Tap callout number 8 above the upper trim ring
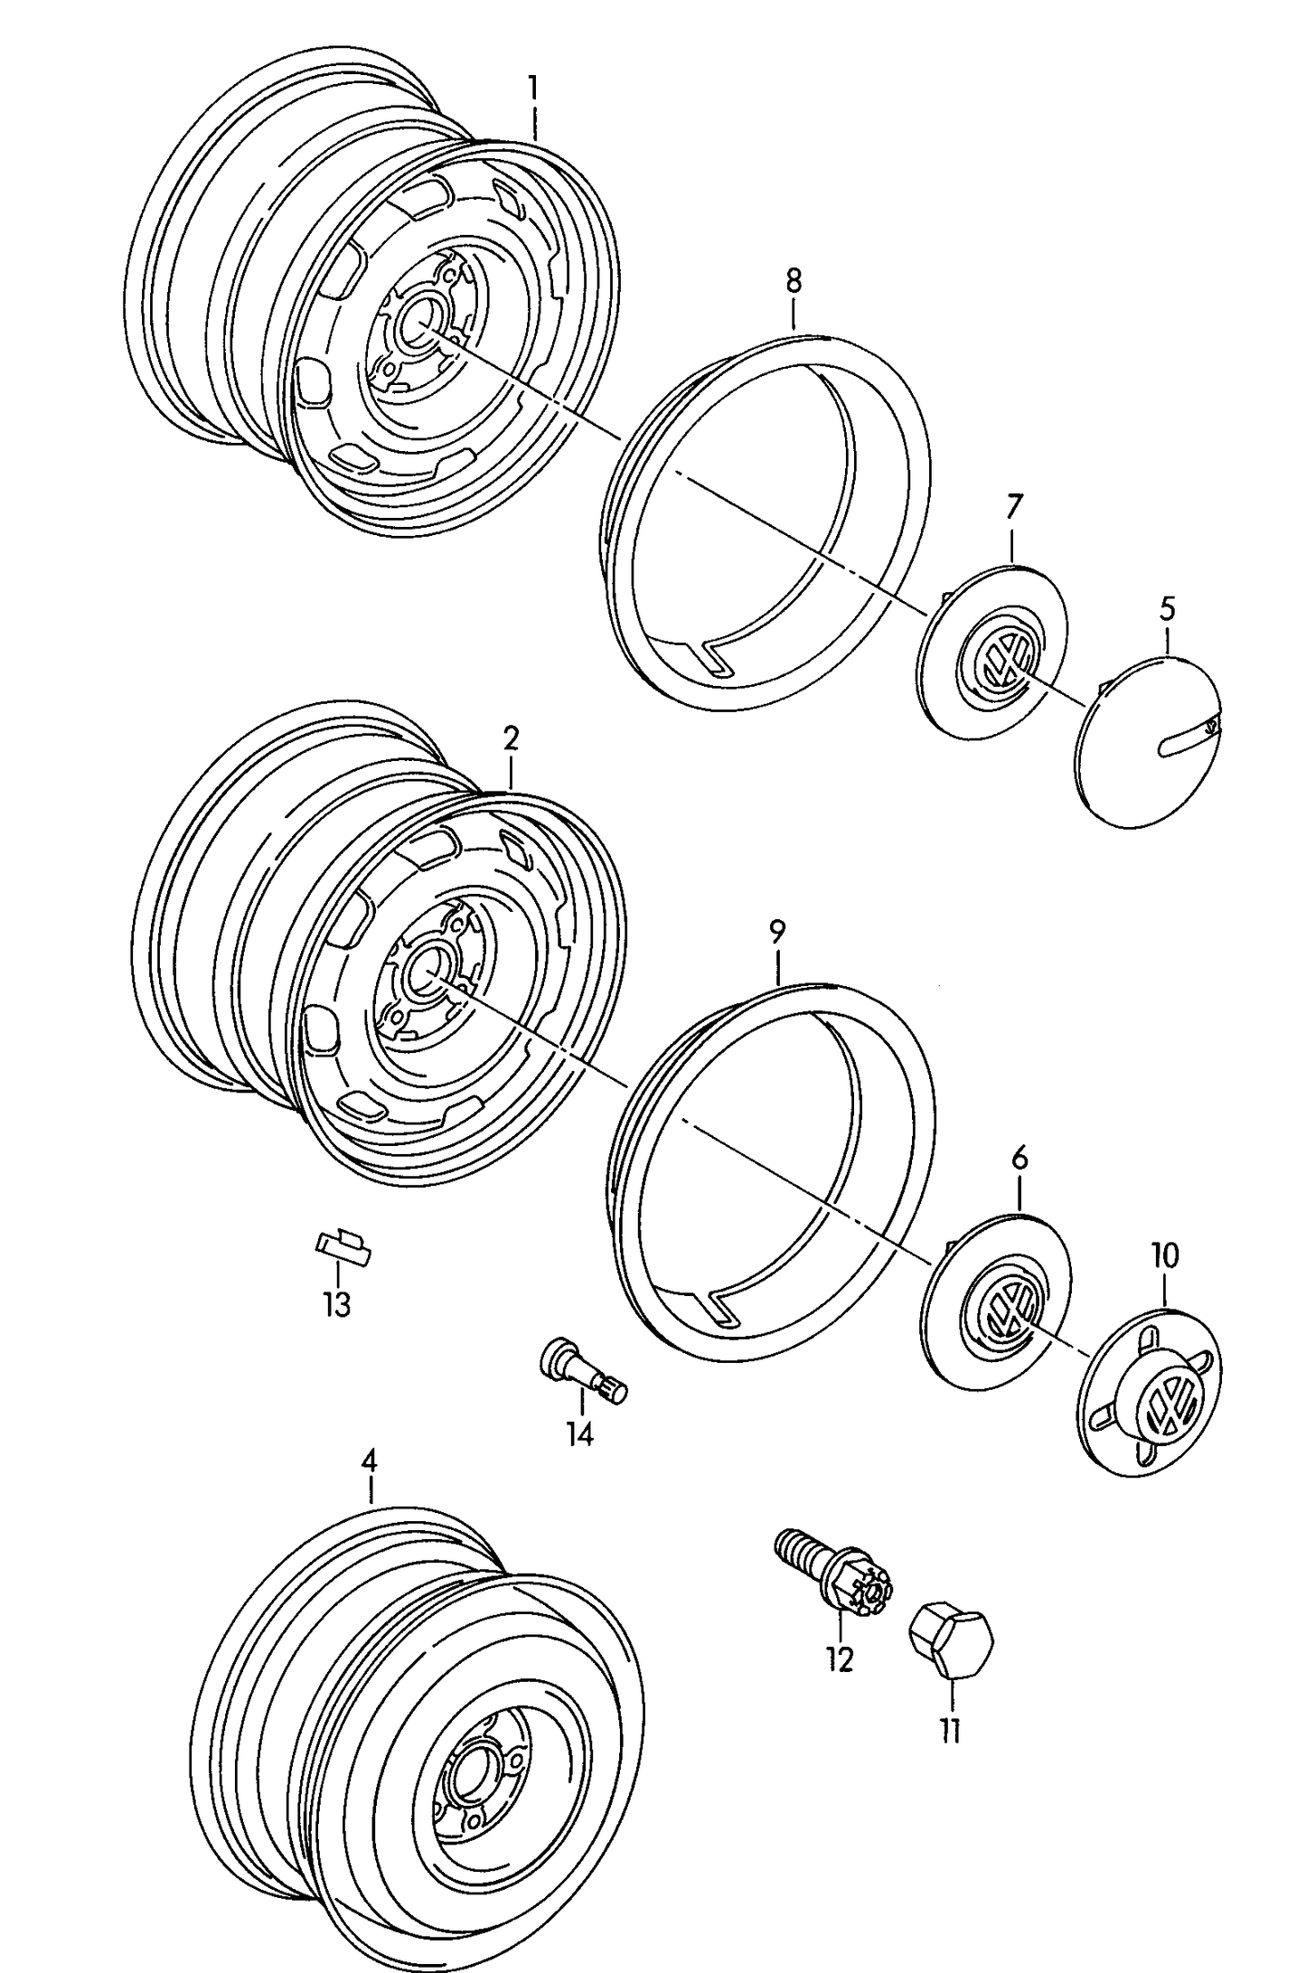coord(793,281)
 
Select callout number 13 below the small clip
coord(337,1304)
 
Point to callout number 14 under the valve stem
coord(579,1433)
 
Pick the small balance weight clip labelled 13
coord(343,1245)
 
